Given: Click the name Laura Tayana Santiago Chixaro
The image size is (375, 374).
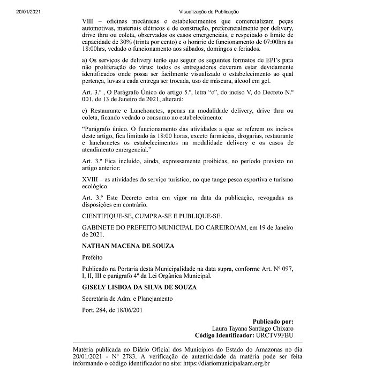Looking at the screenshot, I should [254, 329].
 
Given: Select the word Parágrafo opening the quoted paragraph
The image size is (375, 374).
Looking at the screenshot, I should [100, 129].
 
